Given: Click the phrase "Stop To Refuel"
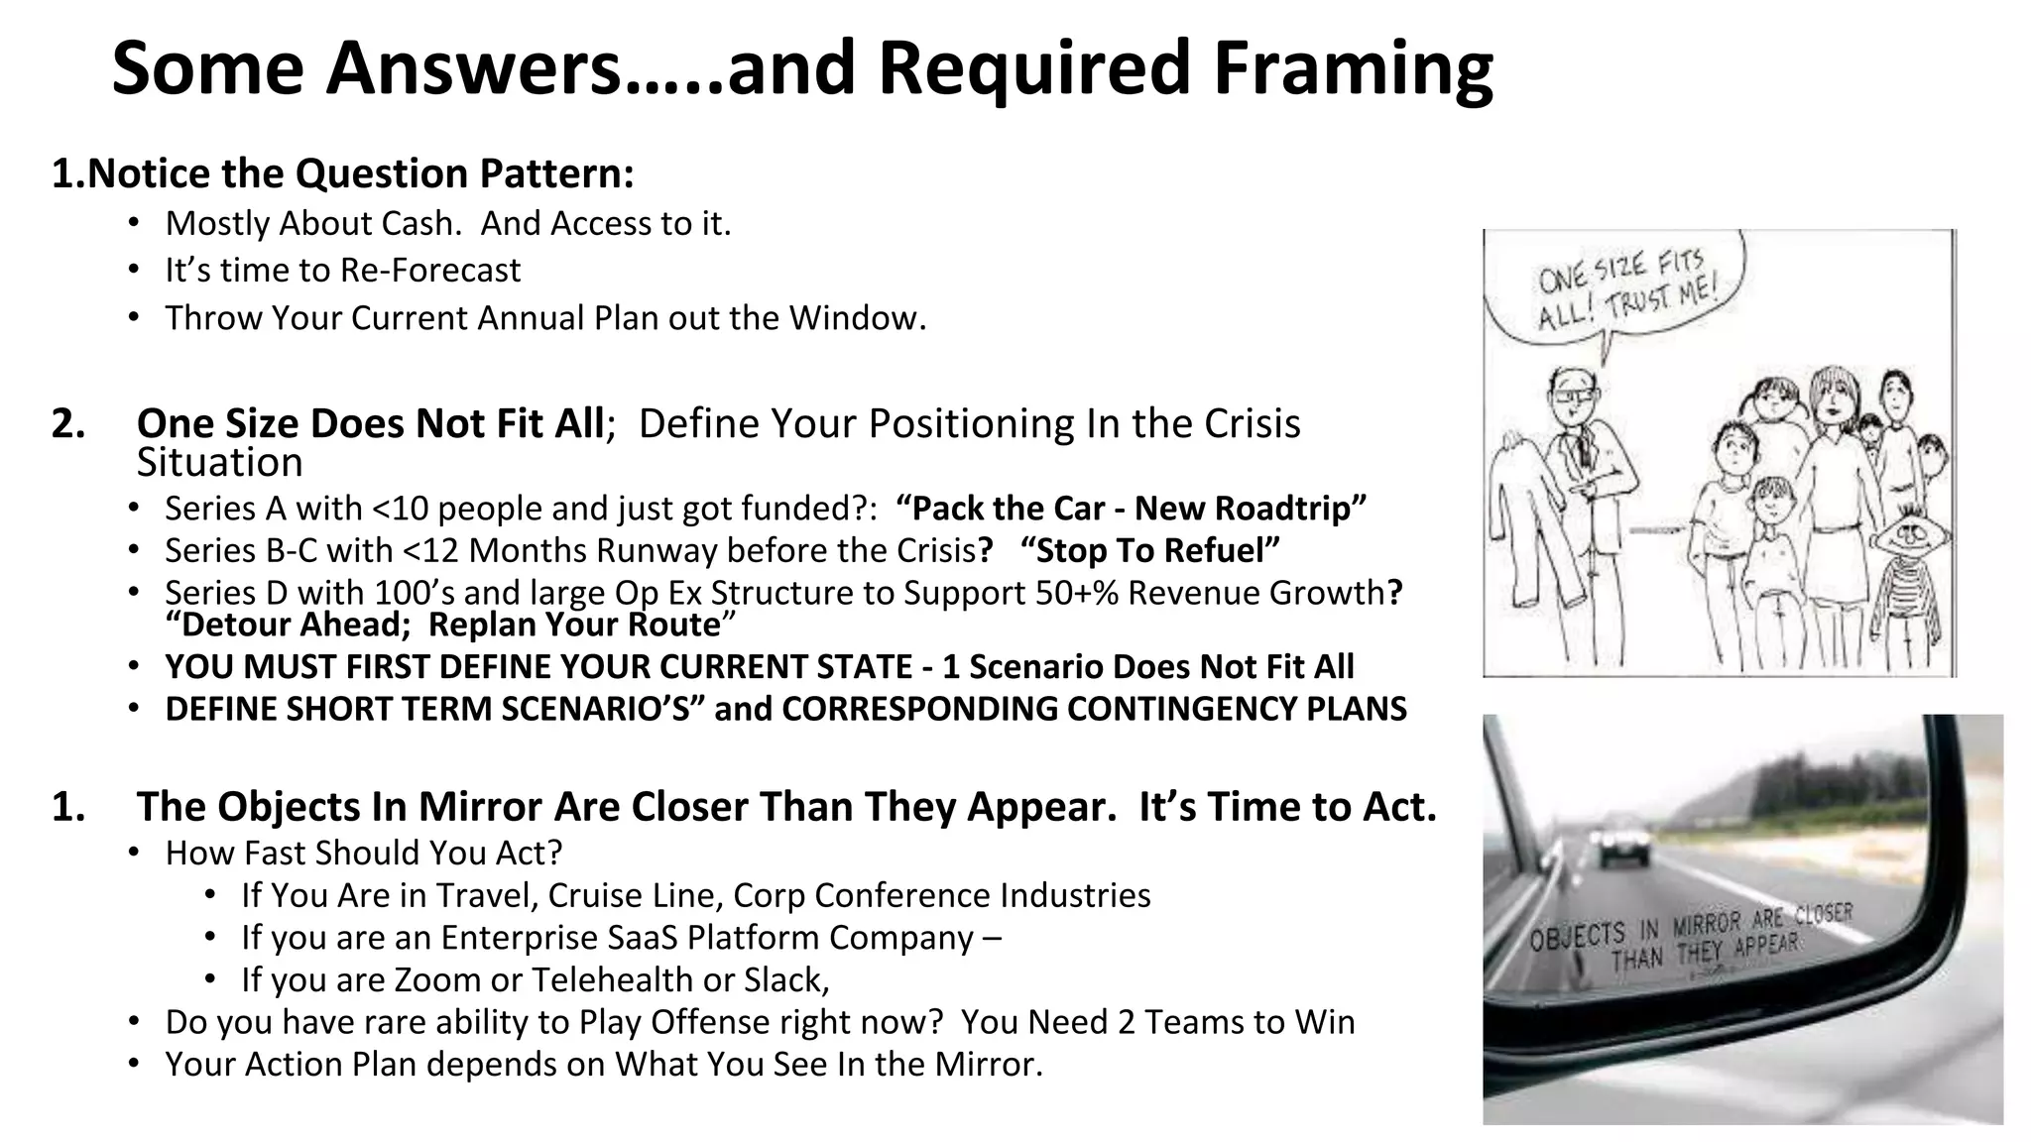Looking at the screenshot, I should click(x=1149, y=550).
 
